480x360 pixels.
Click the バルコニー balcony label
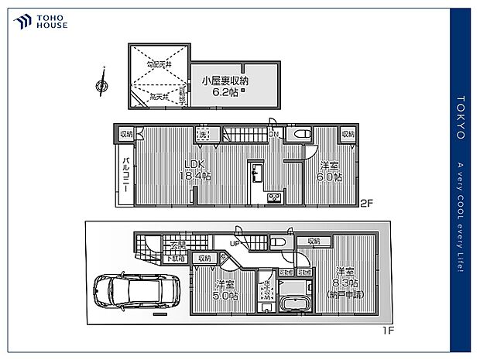[x=125, y=177]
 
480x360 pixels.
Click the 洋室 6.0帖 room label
[x=330, y=171]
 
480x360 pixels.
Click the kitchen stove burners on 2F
[x=275, y=197]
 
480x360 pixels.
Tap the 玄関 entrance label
[x=177, y=246]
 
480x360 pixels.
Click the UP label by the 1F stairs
[x=233, y=245]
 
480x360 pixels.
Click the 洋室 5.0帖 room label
[x=227, y=290]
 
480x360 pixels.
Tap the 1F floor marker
[x=388, y=329]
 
